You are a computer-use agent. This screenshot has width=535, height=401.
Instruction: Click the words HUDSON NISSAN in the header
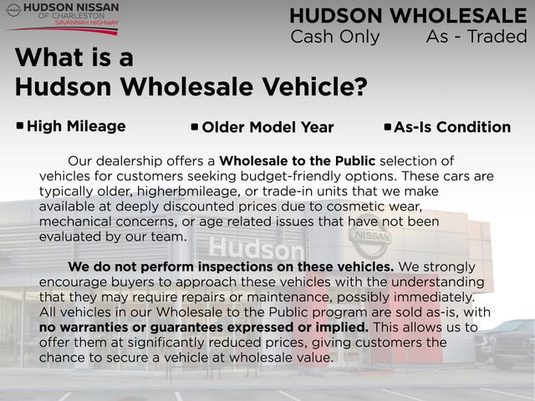pyautogui.click(x=71, y=8)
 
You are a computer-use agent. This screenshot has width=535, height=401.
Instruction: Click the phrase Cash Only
pyautogui.click(x=334, y=37)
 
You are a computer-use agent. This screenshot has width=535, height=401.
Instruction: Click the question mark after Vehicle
pyautogui.click(x=358, y=86)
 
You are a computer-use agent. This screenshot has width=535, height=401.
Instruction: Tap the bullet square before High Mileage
pyautogui.click(x=20, y=126)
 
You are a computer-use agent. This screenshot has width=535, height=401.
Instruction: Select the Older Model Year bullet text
pyautogui.click(x=267, y=128)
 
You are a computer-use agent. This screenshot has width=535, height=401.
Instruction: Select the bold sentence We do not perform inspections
pyautogui.click(x=231, y=266)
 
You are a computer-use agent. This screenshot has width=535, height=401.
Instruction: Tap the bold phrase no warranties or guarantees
pyautogui.click(x=203, y=327)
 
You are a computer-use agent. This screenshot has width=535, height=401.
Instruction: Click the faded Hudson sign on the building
pyautogui.click(x=256, y=248)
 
